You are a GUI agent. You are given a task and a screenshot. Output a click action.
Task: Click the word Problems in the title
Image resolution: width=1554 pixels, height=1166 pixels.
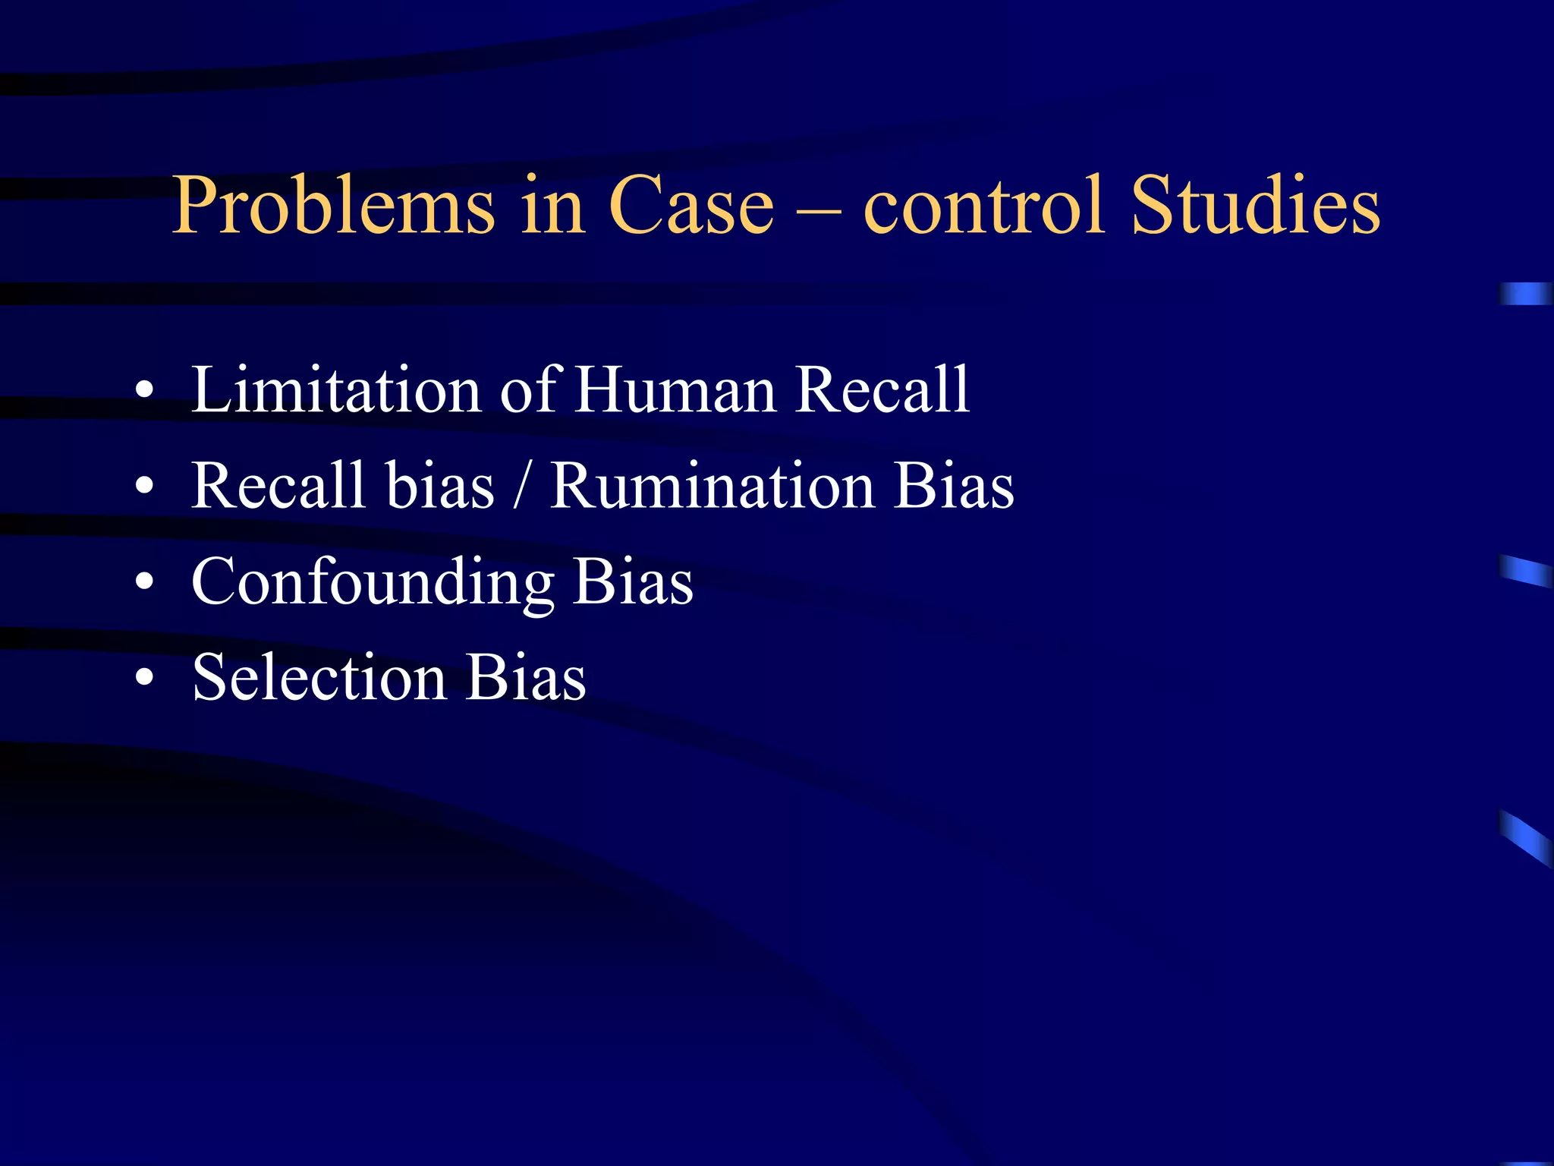[x=334, y=205]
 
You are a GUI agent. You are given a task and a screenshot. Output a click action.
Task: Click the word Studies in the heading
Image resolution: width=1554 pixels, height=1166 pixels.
[x=1255, y=205]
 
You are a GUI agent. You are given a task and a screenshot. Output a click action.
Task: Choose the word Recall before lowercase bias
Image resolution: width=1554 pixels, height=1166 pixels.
[x=278, y=485]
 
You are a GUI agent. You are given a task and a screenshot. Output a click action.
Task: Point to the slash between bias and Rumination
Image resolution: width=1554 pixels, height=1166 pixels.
[x=521, y=487]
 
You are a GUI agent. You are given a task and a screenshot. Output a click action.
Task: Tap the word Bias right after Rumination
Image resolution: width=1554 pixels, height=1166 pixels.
[x=954, y=485]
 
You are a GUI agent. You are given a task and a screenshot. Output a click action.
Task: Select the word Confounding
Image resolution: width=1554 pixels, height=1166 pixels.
[x=372, y=582]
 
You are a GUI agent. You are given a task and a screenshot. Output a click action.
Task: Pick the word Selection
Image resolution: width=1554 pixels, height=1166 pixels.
[x=319, y=676]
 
